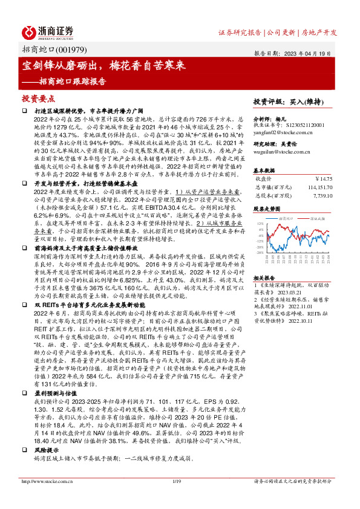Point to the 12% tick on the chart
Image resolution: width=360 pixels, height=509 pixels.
coord(259,223)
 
